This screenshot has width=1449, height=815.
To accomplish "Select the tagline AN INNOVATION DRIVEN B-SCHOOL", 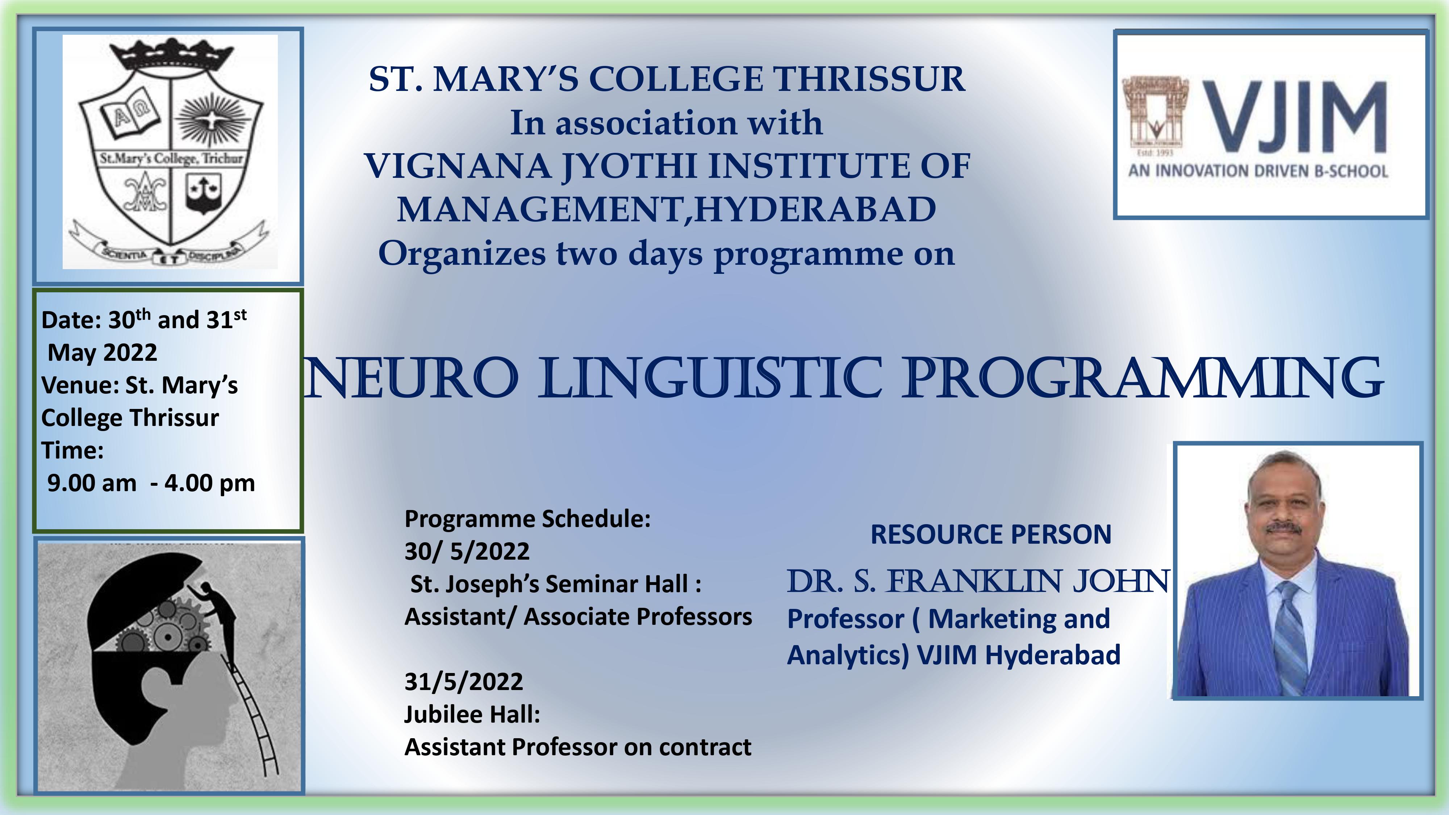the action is [1258, 170].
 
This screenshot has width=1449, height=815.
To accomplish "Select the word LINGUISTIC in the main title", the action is [710, 377].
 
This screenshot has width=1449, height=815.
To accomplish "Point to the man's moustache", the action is [1283, 528].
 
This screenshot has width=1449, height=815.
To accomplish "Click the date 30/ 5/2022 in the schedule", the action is [467, 552].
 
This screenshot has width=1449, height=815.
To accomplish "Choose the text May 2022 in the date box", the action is [103, 353].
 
